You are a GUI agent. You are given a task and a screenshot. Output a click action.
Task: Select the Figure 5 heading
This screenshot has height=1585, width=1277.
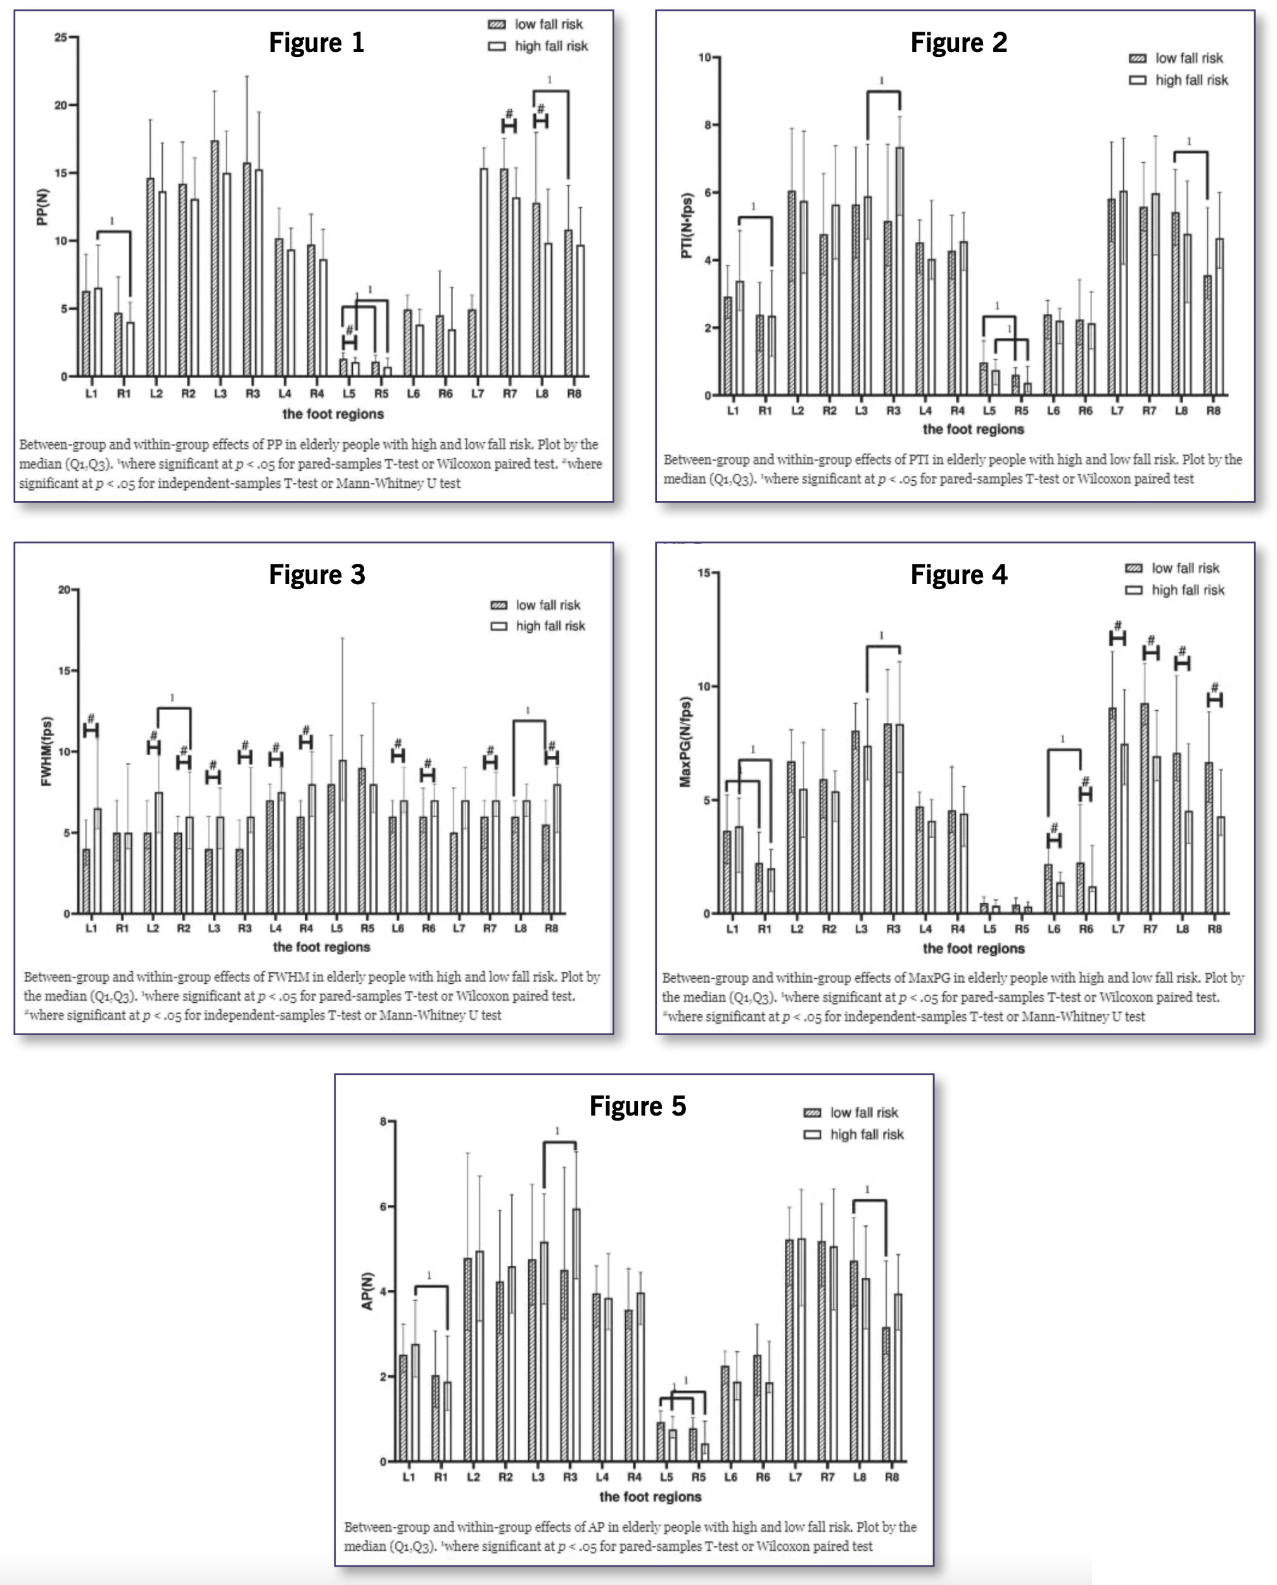tap(638, 1106)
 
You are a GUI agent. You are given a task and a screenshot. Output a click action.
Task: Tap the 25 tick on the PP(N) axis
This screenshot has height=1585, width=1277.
tap(60, 37)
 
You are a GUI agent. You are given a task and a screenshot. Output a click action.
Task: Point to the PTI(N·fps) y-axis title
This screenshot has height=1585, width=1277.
tap(686, 226)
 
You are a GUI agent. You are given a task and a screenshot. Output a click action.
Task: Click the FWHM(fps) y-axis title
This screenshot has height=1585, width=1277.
tap(46, 751)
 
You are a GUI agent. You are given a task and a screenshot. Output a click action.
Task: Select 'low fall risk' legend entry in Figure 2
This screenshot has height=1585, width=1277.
tap(1188, 58)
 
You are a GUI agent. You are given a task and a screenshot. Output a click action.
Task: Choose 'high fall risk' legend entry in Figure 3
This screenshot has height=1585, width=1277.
tap(549, 626)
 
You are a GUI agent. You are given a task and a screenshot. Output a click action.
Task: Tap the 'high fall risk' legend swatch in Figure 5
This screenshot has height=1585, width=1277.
tap(812, 1134)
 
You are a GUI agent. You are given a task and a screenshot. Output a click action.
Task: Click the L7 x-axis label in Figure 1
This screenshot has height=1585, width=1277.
tap(478, 393)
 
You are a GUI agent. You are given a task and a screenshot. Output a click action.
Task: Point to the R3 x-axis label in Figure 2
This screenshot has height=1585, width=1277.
tap(893, 411)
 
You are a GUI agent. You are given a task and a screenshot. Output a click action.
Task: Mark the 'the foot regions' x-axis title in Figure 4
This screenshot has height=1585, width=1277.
tap(973, 948)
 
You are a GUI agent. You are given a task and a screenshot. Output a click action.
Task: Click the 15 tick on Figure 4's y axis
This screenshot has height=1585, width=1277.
tap(704, 573)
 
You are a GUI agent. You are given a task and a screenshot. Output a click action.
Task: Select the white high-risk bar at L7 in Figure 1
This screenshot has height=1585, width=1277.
tap(483, 272)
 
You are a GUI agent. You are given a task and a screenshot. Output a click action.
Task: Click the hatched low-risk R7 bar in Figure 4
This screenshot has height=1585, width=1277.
tap(1145, 808)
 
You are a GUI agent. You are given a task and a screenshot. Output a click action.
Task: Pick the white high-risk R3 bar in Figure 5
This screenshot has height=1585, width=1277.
tap(576, 1335)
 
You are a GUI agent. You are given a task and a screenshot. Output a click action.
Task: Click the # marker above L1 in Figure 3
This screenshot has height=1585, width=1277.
tap(91, 718)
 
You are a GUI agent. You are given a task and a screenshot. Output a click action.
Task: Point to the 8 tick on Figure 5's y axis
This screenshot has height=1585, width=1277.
tap(383, 1122)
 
